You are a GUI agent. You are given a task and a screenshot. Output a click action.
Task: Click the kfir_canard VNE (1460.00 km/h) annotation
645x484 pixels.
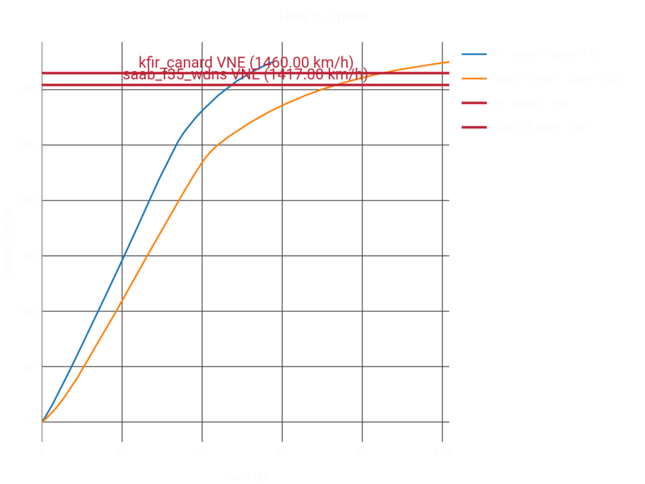tap(246, 63)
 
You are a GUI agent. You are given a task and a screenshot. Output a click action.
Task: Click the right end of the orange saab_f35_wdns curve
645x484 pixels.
tap(448, 62)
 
